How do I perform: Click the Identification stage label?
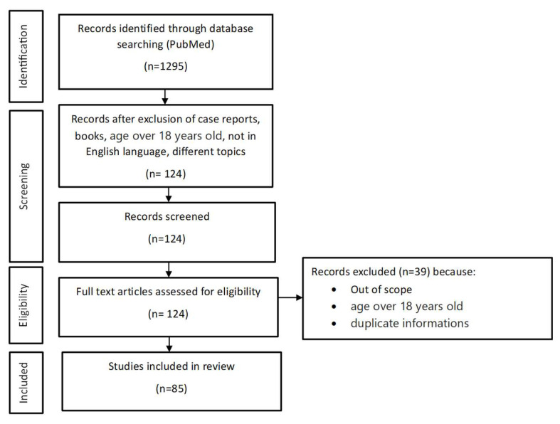[23, 56]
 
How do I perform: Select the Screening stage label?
[23, 186]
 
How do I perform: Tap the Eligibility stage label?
[23, 305]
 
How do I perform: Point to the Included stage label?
[23, 383]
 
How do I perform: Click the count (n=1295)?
[166, 66]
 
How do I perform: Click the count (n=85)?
[171, 388]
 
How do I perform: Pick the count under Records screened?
[167, 238]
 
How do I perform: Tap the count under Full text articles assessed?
[168, 314]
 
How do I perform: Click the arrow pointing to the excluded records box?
[290, 297]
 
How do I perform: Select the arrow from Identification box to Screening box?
[164, 97]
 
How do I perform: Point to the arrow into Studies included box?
[169, 344]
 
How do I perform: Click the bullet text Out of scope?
[381, 290]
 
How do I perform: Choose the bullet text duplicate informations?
[410, 323]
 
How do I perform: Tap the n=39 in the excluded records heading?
[413, 272]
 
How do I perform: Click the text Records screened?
[167, 216]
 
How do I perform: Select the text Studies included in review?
[171, 366]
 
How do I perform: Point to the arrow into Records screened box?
[169, 195]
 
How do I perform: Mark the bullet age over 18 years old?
[406, 306]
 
